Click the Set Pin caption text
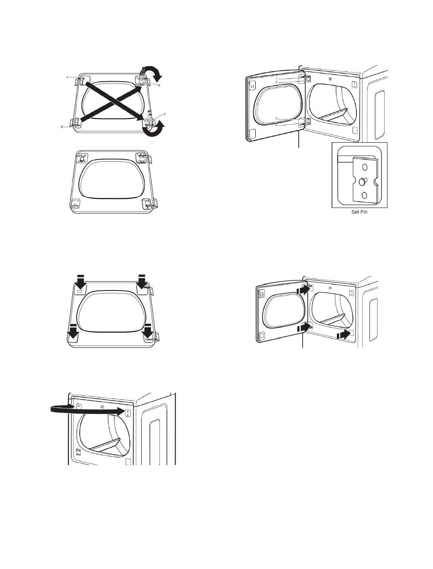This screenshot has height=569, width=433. [359, 212]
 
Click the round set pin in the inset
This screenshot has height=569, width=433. [362, 182]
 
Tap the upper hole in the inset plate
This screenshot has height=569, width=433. [365, 167]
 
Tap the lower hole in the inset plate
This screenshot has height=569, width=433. [365, 196]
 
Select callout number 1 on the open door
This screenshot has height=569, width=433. [277, 78]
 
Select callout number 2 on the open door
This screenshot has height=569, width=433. [277, 82]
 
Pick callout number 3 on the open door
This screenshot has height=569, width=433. [277, 119]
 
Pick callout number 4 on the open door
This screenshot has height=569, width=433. [277, 125]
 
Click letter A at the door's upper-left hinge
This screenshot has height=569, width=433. [67, 77]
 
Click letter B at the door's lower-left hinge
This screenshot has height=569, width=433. [62, 127]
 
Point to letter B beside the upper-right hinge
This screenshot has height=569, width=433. [159, 85]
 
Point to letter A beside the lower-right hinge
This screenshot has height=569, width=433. [164, 114]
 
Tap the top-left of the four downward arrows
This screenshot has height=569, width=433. [81, 281]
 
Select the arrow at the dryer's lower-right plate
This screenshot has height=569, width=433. [344, 335]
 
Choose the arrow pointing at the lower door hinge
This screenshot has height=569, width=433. [304, 327]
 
